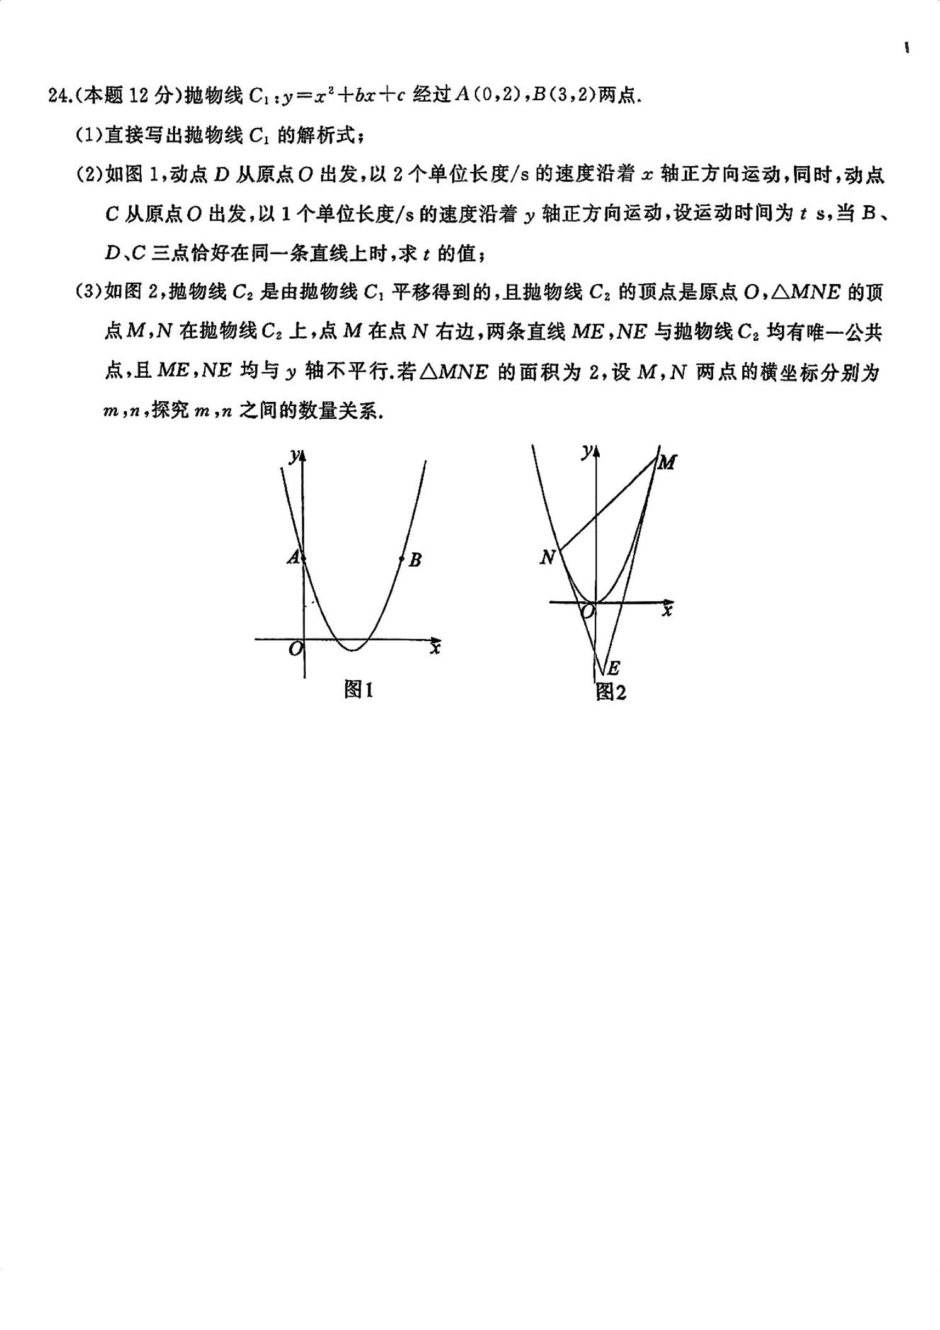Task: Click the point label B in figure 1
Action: coord(415,559)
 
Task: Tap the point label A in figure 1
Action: coord(293,557)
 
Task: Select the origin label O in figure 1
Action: coord(295,648)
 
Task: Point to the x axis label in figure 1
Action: coord(434,647)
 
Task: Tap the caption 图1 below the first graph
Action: coord(358,690)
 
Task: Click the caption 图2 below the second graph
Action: coord(610,692)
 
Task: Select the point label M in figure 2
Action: coord(666,463)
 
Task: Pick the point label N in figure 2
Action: coord(547,557)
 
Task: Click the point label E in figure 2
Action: coord(612,668)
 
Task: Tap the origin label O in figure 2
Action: coord(587,611)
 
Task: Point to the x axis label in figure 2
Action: coord(667,610)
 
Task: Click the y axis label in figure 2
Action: coord(587,451)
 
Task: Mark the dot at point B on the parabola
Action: coord(402,559)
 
